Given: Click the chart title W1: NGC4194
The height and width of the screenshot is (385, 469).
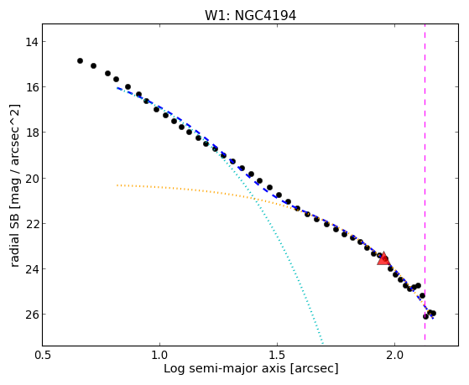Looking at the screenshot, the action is click(250, 15).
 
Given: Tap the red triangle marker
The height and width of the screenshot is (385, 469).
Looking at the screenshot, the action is click(383, 259).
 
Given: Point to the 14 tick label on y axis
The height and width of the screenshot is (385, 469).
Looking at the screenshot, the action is click(32, 42).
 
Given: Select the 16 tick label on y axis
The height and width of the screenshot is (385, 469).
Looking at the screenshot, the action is click(32, 87).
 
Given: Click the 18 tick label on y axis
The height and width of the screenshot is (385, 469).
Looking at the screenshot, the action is click(32, 133).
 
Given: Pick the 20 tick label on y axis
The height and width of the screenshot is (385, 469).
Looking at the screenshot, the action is click(32, 179).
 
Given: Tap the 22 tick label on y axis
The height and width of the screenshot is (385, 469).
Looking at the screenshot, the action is click(32, 223).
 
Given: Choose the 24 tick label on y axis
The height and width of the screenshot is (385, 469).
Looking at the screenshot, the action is click(32, 269).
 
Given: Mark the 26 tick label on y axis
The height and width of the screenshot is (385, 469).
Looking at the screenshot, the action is click(32, 314).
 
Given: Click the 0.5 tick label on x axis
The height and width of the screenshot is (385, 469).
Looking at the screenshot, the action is click(43, 355).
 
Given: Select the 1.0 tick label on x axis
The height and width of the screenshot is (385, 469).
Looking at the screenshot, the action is click(159, 355).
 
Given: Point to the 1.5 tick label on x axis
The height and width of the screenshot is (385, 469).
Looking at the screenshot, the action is click(277, 355).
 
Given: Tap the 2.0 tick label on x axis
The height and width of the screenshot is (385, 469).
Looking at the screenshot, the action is click(395, 355).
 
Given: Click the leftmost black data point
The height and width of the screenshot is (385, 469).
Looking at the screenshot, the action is click(80, 60).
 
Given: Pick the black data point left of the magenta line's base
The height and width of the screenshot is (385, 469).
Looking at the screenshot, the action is click(422, 295).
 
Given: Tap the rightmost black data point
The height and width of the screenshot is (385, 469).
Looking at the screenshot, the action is click(434, 313).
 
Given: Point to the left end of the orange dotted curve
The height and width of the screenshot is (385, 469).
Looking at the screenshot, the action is click(117, 185).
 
